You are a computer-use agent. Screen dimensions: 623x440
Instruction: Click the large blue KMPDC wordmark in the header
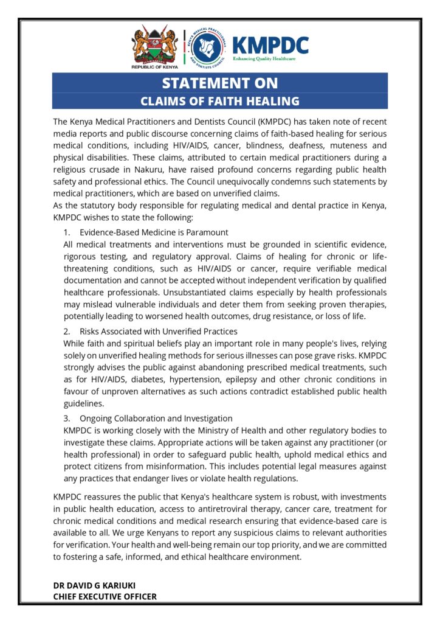270,45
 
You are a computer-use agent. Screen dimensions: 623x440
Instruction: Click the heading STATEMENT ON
220,83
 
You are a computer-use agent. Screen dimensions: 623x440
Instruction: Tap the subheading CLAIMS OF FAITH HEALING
220,101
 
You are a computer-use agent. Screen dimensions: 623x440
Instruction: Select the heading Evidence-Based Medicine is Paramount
154,232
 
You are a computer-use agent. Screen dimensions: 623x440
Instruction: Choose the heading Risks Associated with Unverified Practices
158,332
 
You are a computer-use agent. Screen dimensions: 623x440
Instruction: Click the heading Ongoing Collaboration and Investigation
156,419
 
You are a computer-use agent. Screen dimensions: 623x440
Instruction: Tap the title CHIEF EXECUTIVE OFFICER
105,597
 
